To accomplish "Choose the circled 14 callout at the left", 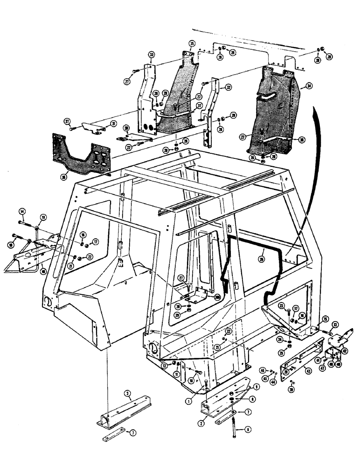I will point(21,210).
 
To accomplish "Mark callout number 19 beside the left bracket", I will point(43,217).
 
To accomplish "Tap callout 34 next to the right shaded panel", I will point(307,86).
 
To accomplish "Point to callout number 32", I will point(228,87).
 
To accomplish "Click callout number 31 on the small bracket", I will point(113,123).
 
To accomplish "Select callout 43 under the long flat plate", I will point(308,370).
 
